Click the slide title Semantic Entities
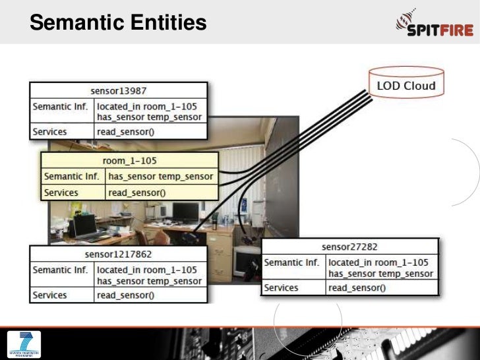coord(118,24)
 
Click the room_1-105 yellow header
coord(130,161)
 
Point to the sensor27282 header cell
coord(349,247)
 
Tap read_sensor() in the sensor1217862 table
coord(125,295)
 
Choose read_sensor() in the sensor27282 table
coord(357,288)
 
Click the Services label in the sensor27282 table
coord(282,288)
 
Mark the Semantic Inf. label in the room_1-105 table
coord(71,177)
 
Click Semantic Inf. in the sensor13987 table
coord(60,105)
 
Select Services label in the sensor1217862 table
coord(50,295)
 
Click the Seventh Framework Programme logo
coord(24,345)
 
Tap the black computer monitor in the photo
coord(185,212)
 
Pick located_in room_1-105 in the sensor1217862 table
coord(147,270)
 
